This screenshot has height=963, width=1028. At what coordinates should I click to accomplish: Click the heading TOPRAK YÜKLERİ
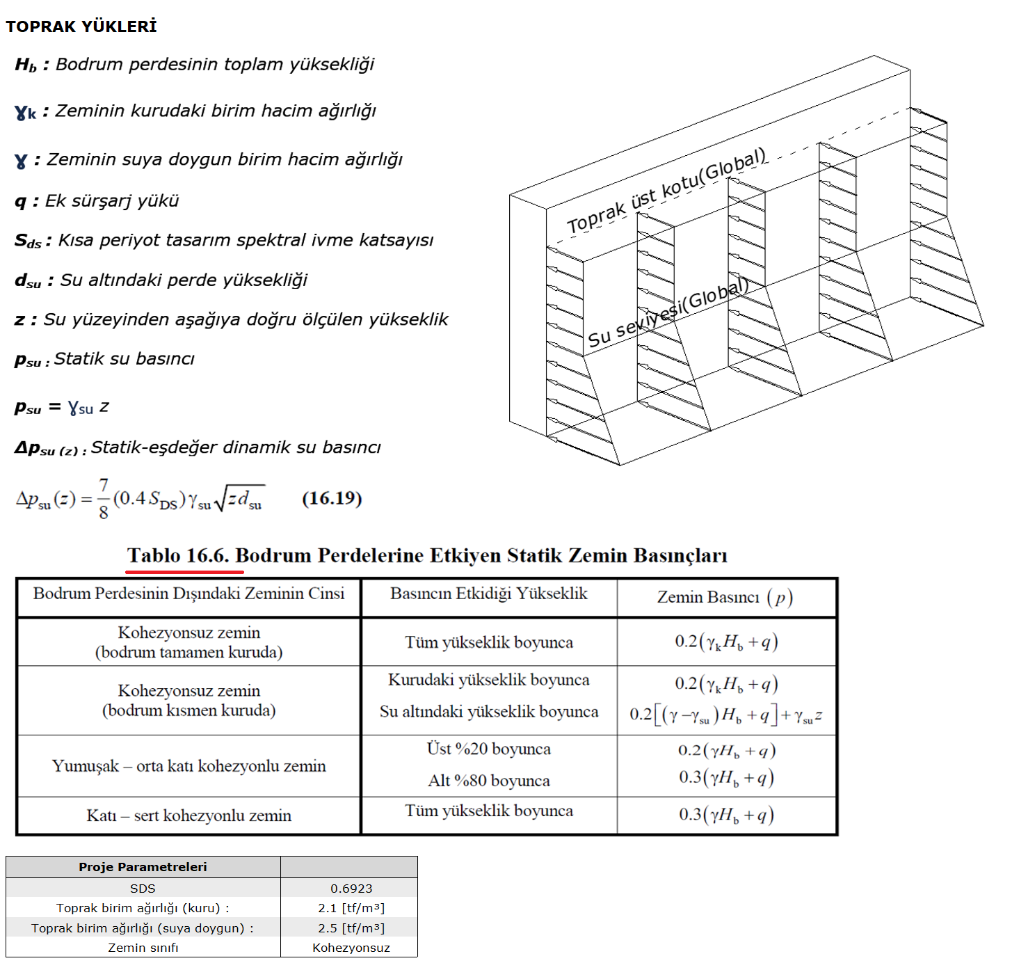[x=81, y=26]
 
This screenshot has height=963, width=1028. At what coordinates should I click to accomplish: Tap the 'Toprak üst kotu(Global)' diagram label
[x=666, y=190]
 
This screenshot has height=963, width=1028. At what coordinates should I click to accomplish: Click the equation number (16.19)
[x=332, y=498]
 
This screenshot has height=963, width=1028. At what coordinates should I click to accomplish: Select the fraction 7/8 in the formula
[x=104, y=498]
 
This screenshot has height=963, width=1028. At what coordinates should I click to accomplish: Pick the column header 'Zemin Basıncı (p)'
[x=725, y=597]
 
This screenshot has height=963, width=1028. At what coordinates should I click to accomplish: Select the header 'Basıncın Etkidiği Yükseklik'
[x=488, y=594]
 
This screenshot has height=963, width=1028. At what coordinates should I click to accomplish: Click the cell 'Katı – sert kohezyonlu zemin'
[x=188, y=815]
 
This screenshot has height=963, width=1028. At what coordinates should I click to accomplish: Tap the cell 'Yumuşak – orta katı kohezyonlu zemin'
[x=188, y=766]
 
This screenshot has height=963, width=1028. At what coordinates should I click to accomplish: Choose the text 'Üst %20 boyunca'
[x=488, y=749]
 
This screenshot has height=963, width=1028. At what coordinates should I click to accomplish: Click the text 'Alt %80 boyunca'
[x=488, y=781]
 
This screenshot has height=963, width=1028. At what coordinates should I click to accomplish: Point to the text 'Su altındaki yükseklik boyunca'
[x=488, y=712]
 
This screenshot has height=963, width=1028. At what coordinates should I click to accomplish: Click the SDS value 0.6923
[x=351, y=889]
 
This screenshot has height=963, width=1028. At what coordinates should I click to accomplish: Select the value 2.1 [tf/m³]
[x=351, y=908]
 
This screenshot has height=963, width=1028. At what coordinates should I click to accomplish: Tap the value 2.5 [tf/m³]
[x=351, y=928]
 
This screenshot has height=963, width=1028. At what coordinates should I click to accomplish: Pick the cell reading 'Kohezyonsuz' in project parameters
[x=351, y=948]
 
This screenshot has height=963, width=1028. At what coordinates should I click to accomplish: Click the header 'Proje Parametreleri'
[x=143, y=867]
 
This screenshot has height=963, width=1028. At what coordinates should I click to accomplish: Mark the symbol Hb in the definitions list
[x=26, y=65]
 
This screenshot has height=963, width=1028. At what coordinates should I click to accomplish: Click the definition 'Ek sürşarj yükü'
[x=112, y=201]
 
